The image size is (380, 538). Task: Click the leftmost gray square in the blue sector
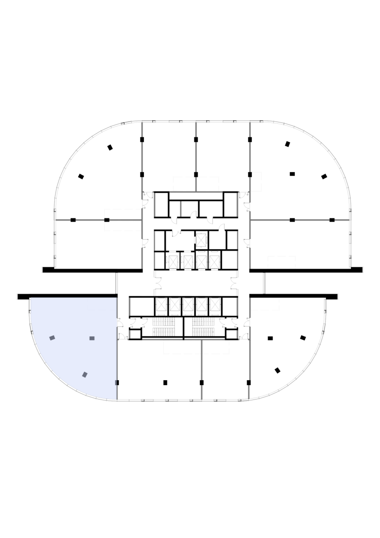[52, 338]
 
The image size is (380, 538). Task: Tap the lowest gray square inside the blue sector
[85, 374]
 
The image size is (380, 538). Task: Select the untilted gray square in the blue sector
[92, 338]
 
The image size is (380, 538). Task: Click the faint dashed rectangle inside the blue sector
[102, 304]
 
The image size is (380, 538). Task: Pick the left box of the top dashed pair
[184, 184]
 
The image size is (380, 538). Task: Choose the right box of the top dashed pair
[208, 184]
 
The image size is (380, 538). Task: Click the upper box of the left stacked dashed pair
[123, 214]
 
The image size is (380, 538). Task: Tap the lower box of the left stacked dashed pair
[123, 226]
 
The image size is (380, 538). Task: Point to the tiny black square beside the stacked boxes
[107, 220]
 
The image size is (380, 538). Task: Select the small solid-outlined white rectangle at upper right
[256, 182]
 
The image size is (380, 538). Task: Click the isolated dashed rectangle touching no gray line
[281, 262]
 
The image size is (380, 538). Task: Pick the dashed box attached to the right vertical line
[265, 304]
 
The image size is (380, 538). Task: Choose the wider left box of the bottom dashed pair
[182, 347]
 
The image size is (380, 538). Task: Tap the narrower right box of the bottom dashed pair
[216, 347]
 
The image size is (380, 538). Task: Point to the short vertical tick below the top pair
[181, 209]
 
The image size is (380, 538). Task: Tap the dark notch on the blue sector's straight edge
[116, 382]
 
